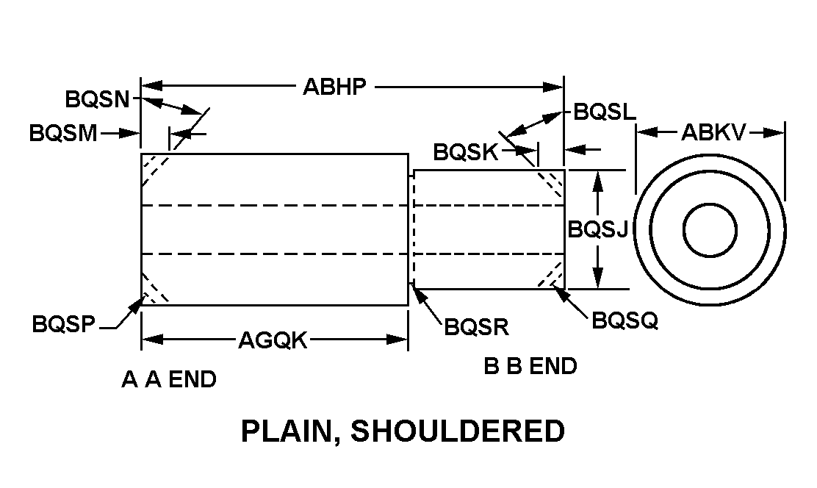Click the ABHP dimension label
click(334, 87)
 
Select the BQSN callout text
click(97, 98)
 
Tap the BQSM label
click(63, 134)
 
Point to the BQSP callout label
click(65, 324)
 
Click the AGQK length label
click(273, 340)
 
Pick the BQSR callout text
click(477, 326)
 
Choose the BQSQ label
click(625, 320)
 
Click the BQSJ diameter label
click(598, 230)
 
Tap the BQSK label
click(466, 152)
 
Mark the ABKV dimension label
click(713, 132)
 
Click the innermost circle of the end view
click(710, 230)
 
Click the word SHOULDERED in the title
click(458, 431)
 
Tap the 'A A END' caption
click(169, 380)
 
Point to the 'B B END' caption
click(530, 366)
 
